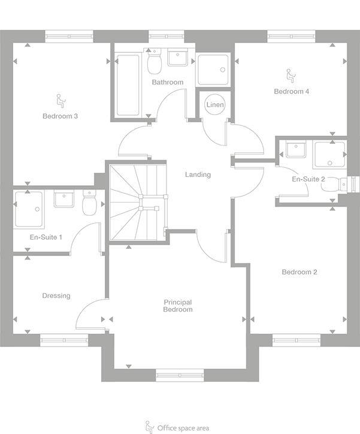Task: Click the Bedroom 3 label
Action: pos(60,116)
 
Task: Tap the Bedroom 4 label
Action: pos(291,92)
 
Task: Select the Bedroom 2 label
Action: pos(300,272)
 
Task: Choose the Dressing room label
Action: pos(56,296)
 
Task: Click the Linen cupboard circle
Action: pos(214,105)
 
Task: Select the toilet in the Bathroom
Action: pos(153,62)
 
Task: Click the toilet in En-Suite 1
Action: pos(89,204)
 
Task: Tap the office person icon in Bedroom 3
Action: pos(60,100)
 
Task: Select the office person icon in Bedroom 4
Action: pos(290,75)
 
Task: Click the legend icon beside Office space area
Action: pos(150,427)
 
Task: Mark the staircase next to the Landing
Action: pos(138,203)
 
